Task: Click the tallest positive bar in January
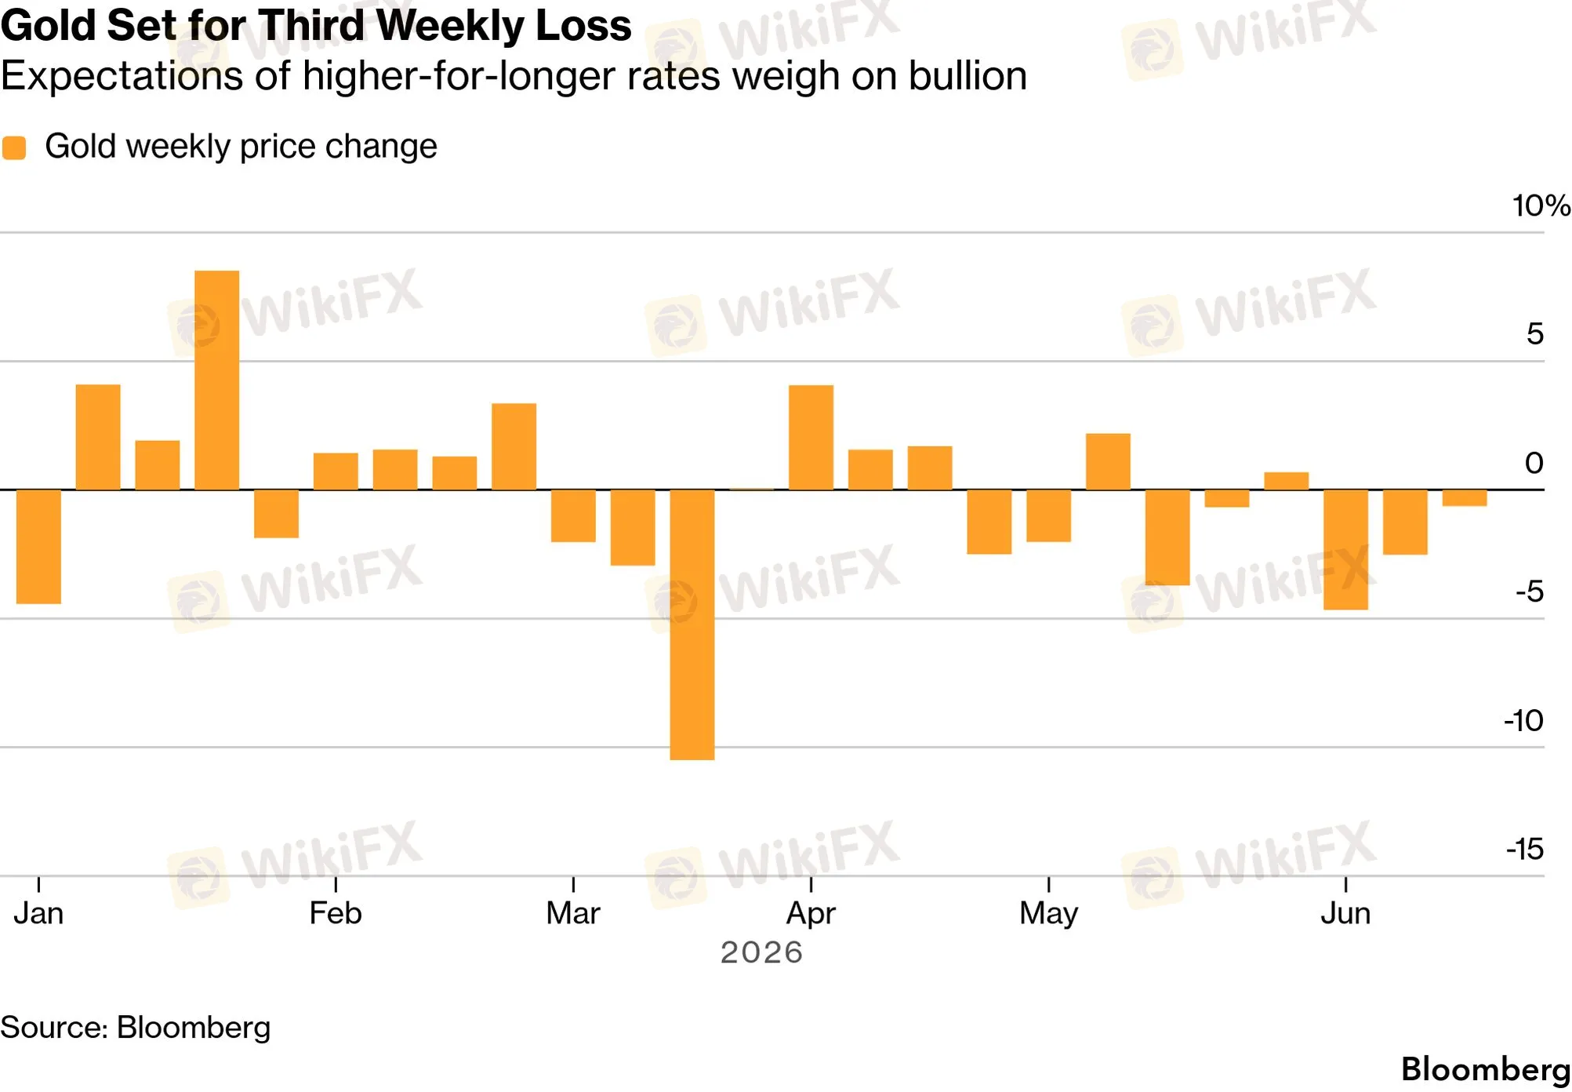216,380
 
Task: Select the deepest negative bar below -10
692,625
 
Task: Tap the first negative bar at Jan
38,547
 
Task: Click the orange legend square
14,147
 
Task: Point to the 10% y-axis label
1541,206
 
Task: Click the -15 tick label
1525,849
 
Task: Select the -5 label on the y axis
1530,591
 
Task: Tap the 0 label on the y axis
1534,463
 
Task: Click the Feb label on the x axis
336,913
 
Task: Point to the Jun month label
1345,913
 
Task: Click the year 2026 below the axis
762,952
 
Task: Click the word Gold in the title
49,25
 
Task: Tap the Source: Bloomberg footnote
136,1028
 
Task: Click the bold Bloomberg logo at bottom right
1486,1069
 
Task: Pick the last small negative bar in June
1465,498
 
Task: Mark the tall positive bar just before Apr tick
811,438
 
